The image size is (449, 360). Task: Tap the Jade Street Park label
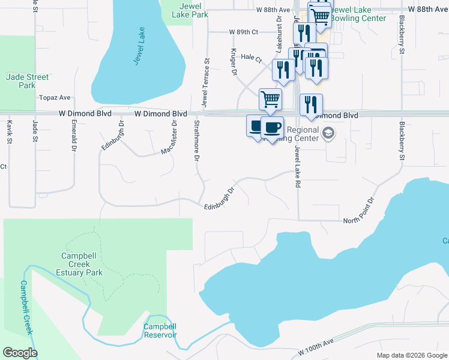point(26,81)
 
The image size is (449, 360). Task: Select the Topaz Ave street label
point(55,97)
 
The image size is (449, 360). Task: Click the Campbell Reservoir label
point(160,331)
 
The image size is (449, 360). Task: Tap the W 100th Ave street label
point(316,354)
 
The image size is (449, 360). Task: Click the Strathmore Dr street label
point(196,140)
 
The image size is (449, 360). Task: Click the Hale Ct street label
point(252,59)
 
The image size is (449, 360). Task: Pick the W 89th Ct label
point(243,32)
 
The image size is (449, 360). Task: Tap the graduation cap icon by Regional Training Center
point(328,133)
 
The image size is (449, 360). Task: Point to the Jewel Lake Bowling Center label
point(358,14)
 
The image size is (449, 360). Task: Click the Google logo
point(20,353)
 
